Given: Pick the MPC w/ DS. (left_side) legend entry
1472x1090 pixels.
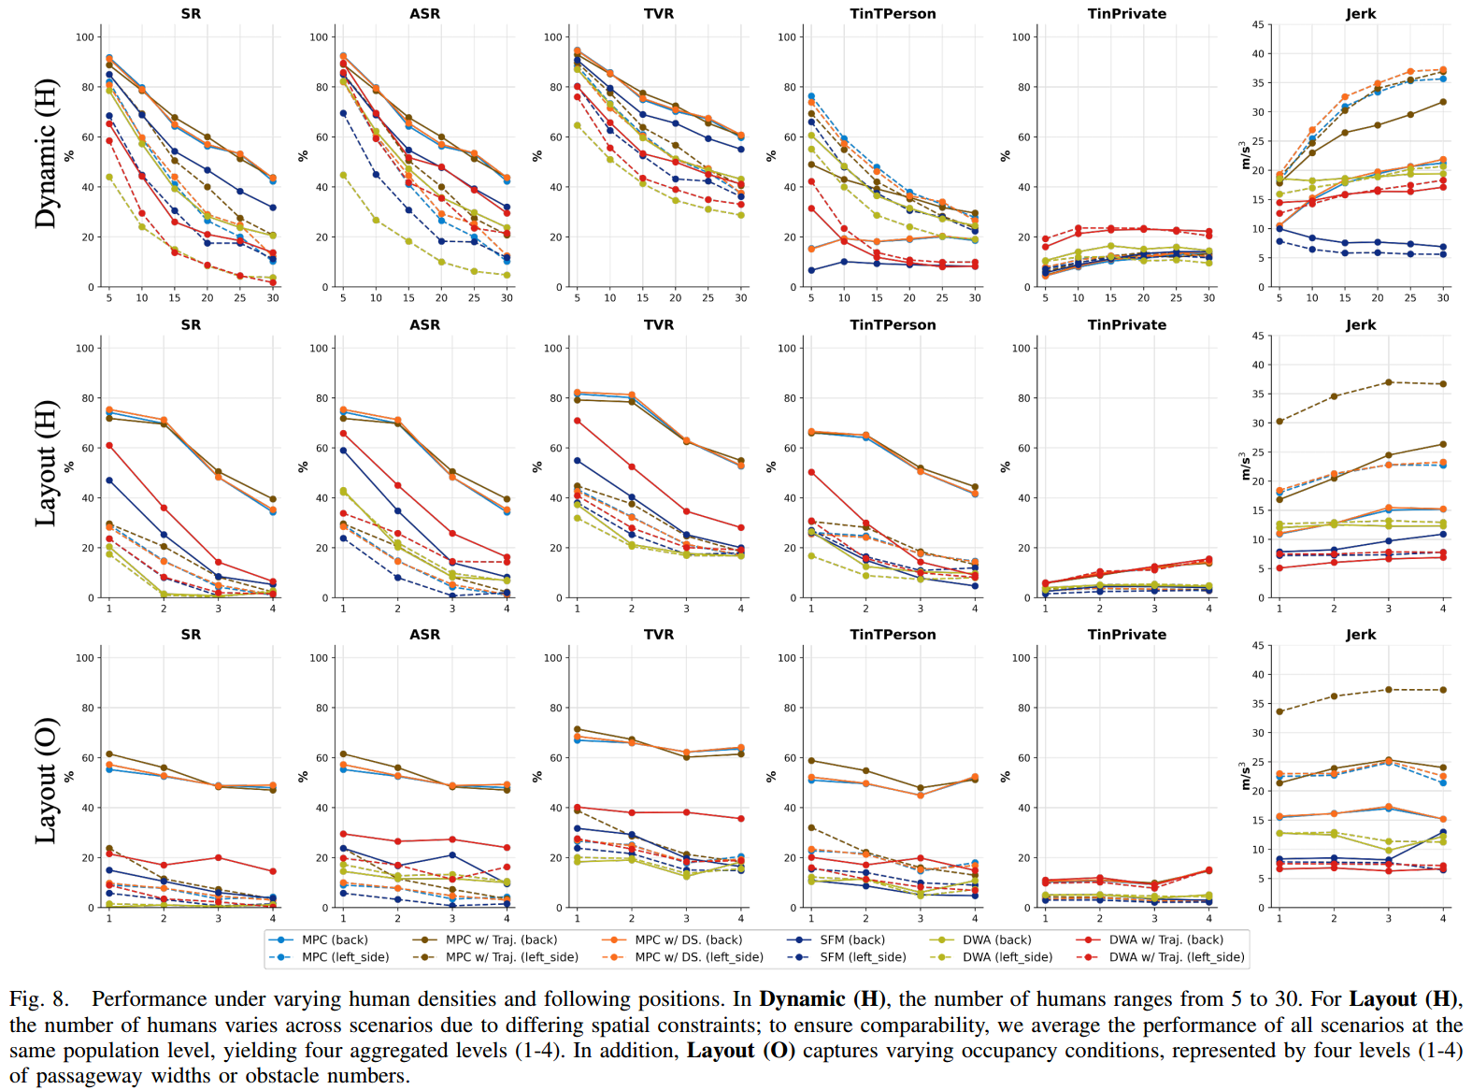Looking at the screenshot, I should click(x=698, y=956).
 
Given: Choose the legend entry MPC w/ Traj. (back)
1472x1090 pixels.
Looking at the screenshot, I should click(x=501, y=939).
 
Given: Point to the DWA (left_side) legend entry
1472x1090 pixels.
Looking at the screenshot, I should click(x=1007, y=956).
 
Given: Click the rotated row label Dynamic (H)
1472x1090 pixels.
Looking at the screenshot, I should click(x=46, y=154).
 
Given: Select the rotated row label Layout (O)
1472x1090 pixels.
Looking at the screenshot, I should click(x=46, y=781).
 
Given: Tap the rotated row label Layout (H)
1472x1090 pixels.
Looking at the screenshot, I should click(x=46, y=464).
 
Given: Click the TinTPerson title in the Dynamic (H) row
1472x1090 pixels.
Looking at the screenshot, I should click(x=893, y=14).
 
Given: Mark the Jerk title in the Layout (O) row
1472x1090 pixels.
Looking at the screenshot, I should click(x=1361, y=635).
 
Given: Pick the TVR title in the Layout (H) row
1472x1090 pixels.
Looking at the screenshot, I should click(x=659, y=325).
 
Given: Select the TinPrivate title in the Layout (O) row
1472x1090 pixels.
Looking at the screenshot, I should click(x=1126, y=635).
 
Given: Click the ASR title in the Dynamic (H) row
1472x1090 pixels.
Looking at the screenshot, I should click(x=424, y=14).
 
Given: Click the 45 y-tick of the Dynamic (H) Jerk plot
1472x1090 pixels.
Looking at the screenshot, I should click(x=1258, y=25).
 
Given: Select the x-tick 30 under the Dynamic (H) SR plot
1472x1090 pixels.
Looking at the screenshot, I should click(x=273, y=298).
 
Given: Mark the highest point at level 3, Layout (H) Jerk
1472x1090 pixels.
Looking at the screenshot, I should click(x=1389, y=382).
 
